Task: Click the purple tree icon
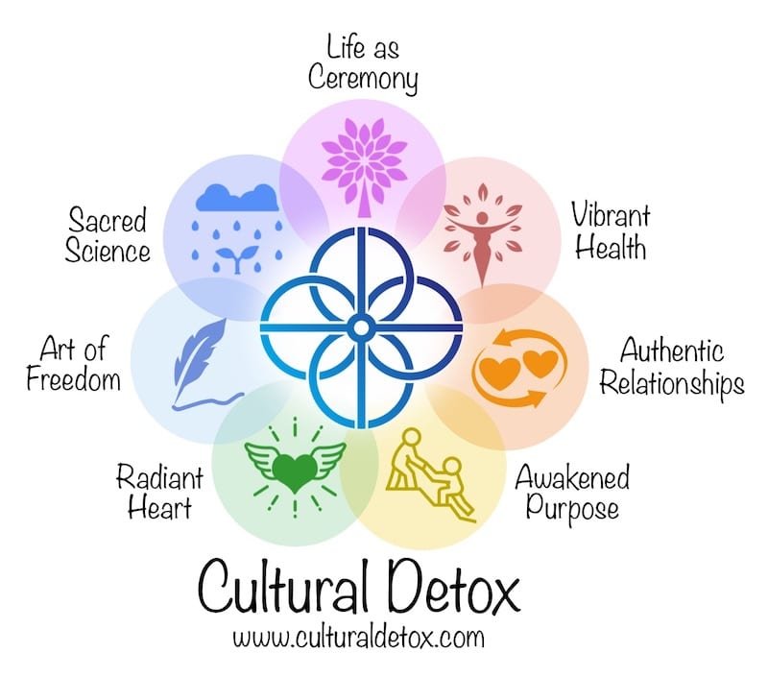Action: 363,157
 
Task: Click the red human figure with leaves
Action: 481,233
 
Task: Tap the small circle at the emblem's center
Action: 362,329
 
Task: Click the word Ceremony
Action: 363,79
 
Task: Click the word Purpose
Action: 567,507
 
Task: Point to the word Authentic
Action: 672,350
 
